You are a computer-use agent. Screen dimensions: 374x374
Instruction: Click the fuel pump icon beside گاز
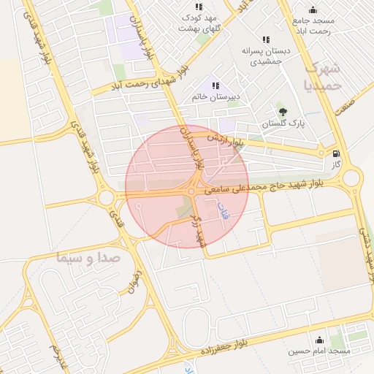pyautogui.click(x=336, y=153)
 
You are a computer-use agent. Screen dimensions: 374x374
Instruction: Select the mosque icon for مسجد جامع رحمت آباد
pyautogui.click(x=313, y=9)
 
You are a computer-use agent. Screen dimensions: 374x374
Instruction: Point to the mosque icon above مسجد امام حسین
pyautogui.click(x=319, y=340)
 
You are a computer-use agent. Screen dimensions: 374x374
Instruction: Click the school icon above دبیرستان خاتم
pyautogui.click(x=215, y=85)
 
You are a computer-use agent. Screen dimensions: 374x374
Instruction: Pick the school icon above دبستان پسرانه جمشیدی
pyautogui.click(x=265, y=39)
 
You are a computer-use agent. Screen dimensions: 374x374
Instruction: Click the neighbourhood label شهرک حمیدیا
pyautogui.click(x=322, y=76)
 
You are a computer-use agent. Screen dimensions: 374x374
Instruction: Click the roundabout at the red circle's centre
pyautogui.click(x=191, y=192)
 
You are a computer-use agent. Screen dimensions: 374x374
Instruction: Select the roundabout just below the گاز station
pyautogui.click(x=352, y=178)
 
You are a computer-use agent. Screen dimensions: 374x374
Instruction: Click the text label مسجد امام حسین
pyautogui.click(x=319, y=351)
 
